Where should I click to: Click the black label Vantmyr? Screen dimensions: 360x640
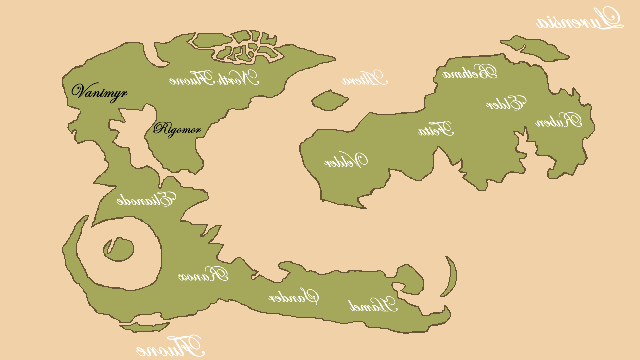[100, 90]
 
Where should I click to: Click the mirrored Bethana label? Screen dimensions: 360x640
[470, 72]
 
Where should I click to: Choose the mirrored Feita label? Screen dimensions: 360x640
[436, 128]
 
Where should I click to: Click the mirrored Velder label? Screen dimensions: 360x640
[346, 160]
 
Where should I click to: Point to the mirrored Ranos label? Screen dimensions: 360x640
[204, 274]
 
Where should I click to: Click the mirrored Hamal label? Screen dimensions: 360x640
[371, 305]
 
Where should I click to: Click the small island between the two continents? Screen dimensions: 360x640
[327, 100]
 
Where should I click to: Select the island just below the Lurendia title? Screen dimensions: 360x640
[521, 46]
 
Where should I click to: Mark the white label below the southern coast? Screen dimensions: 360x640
[170, 347]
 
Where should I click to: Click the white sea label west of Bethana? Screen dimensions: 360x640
[364, 78]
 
